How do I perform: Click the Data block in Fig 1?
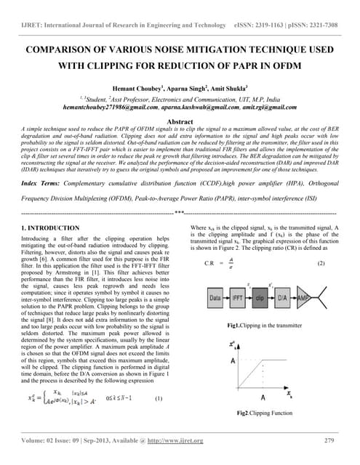point(215,298)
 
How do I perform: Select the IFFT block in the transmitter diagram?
point(238,298)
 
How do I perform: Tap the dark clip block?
point(260,298)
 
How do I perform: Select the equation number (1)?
point(159,398)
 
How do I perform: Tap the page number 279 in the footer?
point(329,440)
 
